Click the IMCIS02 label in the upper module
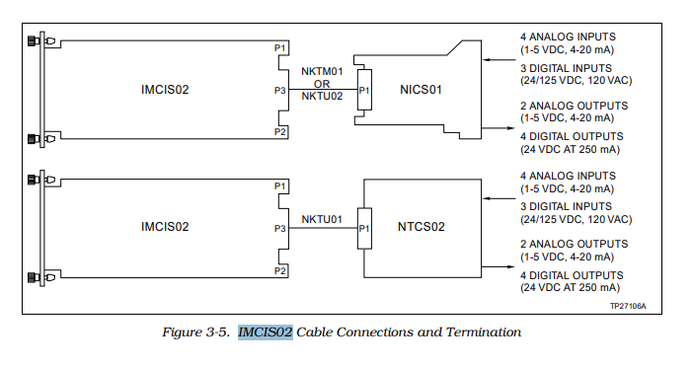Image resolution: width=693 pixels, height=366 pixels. click(x=165, y=90)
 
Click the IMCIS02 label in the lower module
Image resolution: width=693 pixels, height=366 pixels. click(x=165, y=227)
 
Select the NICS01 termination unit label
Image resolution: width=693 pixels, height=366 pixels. click(x=421, y=90)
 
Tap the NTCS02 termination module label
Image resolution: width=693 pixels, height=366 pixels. click(x=422, y=227)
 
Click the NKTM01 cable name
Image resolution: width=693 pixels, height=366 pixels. click(x=322, y=71)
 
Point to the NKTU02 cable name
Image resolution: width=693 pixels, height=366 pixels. click(x=322, y=96)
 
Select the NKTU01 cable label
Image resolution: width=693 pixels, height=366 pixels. click(x=322, y=219)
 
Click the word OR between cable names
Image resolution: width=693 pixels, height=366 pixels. click(x=322, y=83)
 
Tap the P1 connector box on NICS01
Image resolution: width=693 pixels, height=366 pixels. click(x=364, y=91)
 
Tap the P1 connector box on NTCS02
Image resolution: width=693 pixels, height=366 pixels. click(x=364, y=228)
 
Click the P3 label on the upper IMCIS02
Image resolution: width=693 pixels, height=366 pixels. click(x=280, y=91)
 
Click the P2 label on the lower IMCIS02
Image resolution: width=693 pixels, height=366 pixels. click(x=280, y=269)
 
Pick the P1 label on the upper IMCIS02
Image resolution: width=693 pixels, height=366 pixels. click(x=280, y=47)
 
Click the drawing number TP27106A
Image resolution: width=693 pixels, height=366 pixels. click(x=628, y=307)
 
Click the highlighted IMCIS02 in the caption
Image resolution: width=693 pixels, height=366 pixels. click(x=265, y=332)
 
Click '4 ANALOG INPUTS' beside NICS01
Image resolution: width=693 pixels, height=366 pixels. click(x=567, y=37)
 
